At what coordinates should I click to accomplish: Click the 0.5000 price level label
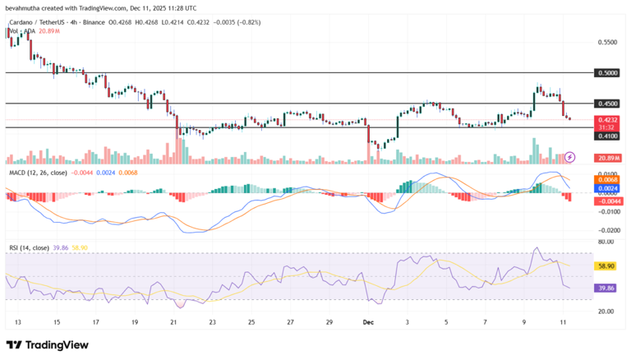(607, 72)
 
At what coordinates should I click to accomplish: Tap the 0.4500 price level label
(607, 104)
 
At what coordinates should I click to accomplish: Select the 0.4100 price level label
(607, 136)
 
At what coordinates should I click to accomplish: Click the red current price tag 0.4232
(607, 120)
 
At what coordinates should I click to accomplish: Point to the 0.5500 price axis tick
(607, 41)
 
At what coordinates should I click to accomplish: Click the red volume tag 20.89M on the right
(607, 158)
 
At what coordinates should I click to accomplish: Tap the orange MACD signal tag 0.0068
(607, 181)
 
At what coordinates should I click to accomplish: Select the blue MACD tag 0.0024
(607, 188)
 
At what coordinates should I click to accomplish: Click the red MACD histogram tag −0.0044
(607, 201)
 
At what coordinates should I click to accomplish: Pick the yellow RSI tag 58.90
(607, 266)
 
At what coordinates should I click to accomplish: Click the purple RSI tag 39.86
(607, 288)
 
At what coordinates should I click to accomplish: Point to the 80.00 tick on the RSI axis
(607, 242)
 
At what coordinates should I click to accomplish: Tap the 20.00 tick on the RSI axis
(607, 312)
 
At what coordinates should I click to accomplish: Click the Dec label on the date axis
(368, 324)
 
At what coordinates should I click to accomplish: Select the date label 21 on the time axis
(173, 324)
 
